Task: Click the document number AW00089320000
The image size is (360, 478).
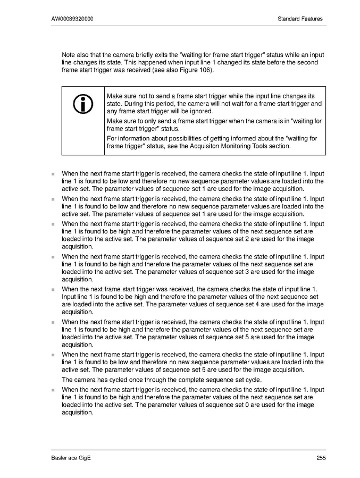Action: [73, 19]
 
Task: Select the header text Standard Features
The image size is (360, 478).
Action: [300, 19]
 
